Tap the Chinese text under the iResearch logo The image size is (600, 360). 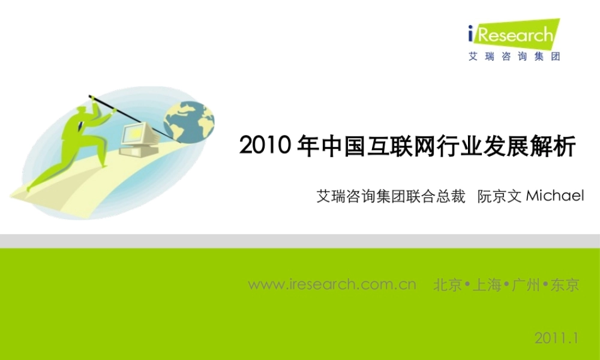coord(514,58)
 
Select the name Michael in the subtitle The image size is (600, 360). coord(554,196)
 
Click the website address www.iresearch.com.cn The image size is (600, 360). coord(332,284)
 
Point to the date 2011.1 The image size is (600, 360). coord(556,338)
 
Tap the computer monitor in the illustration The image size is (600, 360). coord(137,133)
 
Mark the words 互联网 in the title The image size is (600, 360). coord(405,146)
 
